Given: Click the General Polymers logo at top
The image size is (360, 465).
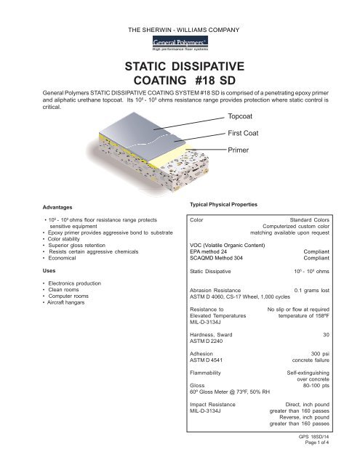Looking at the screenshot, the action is click(179, 45).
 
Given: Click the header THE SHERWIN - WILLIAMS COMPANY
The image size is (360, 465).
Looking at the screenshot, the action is click(180, 30).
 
